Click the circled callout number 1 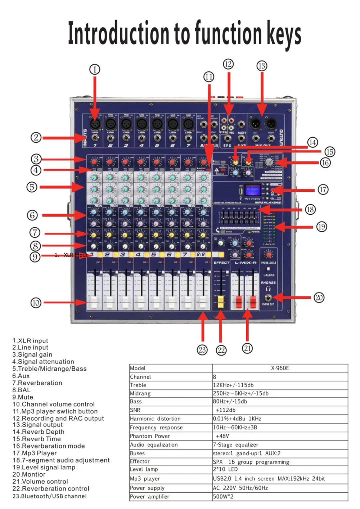tap(95, 70)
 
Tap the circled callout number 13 tap(262, 66)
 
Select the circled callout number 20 tap(319, 298)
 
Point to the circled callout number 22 tap(221, 350)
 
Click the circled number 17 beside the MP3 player tap(323, 189)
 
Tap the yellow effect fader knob tap(221, 302)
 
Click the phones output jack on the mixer tap(268, 298)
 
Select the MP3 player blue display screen tap(252, 190)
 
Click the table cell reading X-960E tap(280, 368)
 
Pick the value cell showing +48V tap(222, 436)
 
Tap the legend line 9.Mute tap(23, 397)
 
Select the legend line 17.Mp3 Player tap(35, 453)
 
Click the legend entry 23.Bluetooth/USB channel tap(49, 496)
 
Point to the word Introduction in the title tap(119, 33)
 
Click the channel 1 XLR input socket tap(95, 124)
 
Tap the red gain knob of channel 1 tap(94, 162)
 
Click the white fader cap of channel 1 tap(94, 303)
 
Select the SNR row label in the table tap(135, 410)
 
